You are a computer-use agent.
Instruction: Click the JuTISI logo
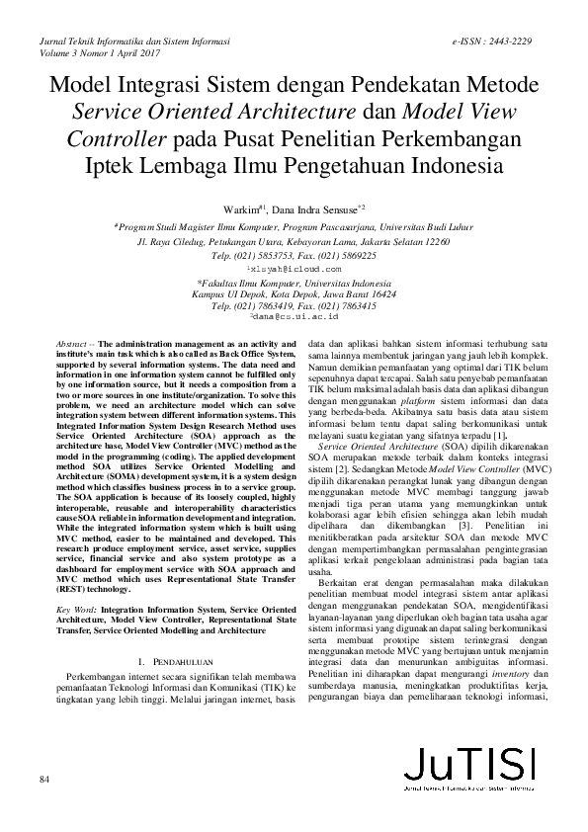tap(471, 793)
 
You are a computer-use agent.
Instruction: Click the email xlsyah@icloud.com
tap(293, 268)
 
